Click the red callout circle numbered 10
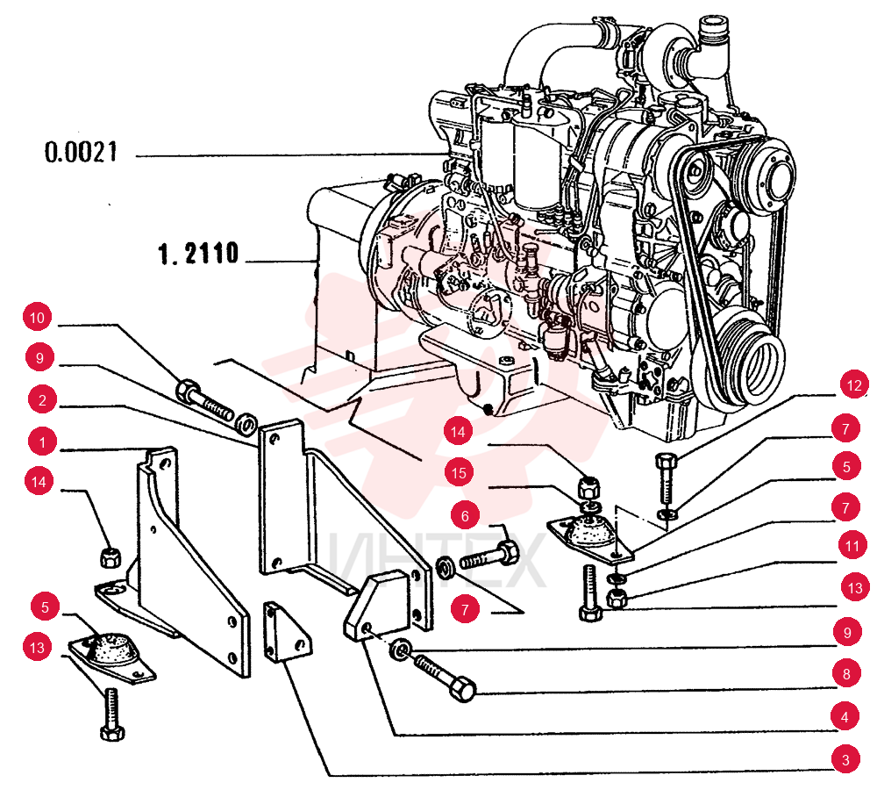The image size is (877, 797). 37,318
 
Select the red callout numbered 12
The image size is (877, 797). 854,385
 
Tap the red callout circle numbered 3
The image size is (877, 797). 845,759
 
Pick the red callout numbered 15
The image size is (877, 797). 459,473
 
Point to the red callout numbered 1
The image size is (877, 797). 42,442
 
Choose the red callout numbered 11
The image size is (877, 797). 852,546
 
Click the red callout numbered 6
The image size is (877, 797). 466,515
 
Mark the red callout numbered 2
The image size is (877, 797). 42,400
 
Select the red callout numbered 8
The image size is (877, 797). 846,674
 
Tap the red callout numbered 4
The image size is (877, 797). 845,717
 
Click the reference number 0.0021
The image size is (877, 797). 81,152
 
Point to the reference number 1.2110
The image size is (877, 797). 198,254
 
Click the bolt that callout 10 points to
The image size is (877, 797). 204,399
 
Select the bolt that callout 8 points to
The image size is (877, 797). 446,678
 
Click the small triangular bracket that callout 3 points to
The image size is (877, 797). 287,632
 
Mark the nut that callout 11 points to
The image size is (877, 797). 617,598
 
